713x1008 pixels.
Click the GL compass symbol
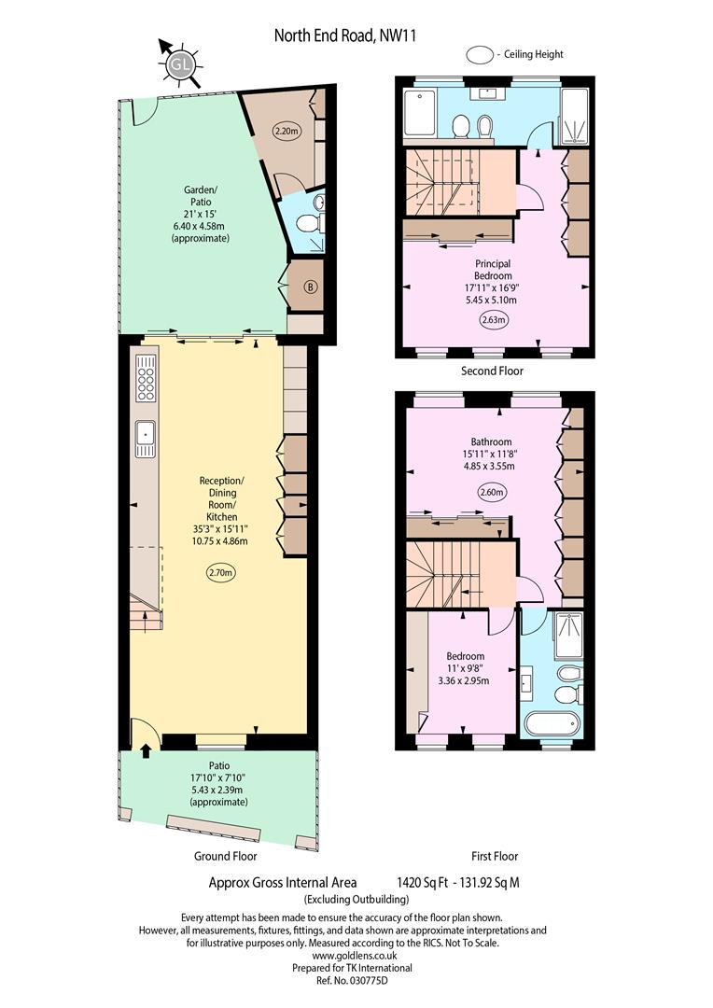[x=181, y=64]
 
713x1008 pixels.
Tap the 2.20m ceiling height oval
[x=287, y=132]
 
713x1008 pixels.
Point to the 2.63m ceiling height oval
[x=493, y=319]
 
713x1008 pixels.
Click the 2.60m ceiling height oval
[x=493, y=493]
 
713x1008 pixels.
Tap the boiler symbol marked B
[x=311, y=287]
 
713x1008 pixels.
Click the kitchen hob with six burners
[x=146, y=378]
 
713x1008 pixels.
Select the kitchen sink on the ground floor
[x=146, y=439]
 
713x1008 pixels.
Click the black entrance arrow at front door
[x=146, y=750]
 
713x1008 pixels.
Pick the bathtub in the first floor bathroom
[x=551, y=723]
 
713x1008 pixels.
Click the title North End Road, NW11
[x=345, y=35]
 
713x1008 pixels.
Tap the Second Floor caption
[x=492, y=371]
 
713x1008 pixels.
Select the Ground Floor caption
[x=226, y=856]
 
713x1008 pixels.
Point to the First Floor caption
[x=495, y=856]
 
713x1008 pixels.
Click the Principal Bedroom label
[x=493, y=270]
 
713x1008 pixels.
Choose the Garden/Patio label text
[x=201, y=195]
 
